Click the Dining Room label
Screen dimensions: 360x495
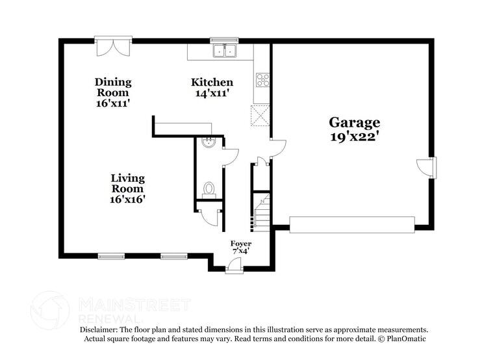(x=113, y=87)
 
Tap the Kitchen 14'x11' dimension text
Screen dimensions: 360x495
(x=212, y=93)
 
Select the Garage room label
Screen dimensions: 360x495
(x=354, y=122)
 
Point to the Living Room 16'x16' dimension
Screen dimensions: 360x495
(x=127, y=199)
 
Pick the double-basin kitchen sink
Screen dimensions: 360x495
(x=225, y=51)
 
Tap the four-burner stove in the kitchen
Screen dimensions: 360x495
(x=263, y=81)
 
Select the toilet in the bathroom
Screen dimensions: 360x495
(x=209, y=188)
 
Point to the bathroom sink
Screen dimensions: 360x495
(x=209, y=142)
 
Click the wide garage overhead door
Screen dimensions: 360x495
(x=351, y=225)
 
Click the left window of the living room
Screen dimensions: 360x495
(x=108, y=256)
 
